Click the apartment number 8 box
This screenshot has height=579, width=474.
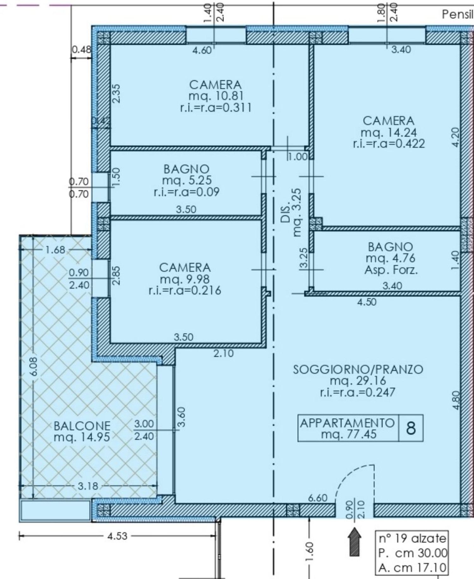(x=411, y=428)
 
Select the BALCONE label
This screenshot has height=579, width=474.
(x=82, y=426)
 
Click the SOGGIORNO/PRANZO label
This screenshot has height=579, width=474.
(x=358, y=369)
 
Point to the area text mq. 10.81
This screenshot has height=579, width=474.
(x=216, y=96)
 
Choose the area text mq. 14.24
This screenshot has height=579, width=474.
(x=389, y=132)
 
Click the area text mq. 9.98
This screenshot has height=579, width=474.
(x=185, y=279)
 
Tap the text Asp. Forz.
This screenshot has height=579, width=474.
(x=391, y=270)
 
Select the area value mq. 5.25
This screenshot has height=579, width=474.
(x=187, y=180)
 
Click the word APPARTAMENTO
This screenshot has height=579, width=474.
(x=347, y=423)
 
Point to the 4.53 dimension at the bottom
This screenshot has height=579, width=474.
(x=117, y=536)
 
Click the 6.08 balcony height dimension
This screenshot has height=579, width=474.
(x=34, y=367)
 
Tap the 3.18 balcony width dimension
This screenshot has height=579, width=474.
(x=88, y=486)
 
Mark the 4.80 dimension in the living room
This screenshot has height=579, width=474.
(x=456, y=400)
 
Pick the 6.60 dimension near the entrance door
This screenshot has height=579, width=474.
(x=318, y=498)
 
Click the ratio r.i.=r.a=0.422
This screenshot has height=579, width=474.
(x=389, y=144)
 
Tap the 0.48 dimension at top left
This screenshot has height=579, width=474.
(x=82, y=50)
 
